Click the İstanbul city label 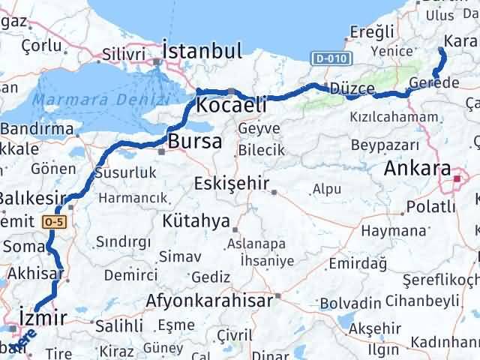202,51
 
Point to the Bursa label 194,141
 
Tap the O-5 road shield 54,221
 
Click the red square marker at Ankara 458,178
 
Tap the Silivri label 123,54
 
